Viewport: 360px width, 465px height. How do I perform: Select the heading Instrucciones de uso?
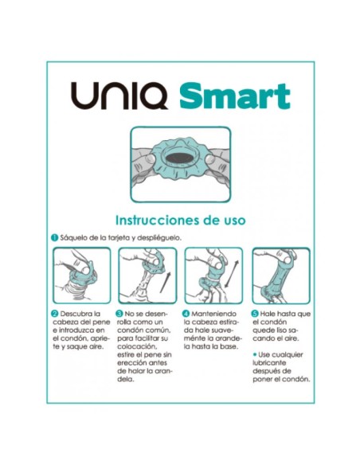(x=180, y=219)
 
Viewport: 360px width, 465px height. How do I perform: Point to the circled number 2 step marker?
(x=54, y=314)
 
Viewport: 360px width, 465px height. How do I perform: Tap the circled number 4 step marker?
(x=186, y=314)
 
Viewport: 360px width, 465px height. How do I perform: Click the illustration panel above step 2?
(x=79, y=275)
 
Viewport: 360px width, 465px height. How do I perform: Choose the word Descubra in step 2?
(x=77, y=314)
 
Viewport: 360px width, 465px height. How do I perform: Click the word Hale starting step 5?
(x=270, y=314)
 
